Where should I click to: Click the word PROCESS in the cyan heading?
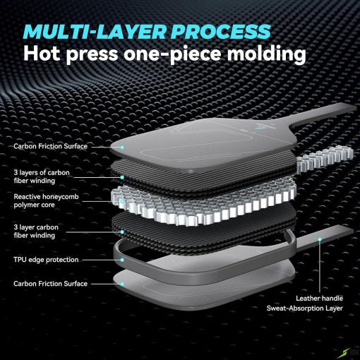pos(221,31)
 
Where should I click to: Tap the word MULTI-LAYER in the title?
pos(95,31)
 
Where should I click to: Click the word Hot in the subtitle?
pos(42,53)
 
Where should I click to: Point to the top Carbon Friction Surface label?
pos(50,146)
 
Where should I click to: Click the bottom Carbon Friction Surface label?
pos(50,284)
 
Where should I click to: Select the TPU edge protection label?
pos(46,260)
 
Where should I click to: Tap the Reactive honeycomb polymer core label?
pos(46,200)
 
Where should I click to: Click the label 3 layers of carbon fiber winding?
pos(42,176)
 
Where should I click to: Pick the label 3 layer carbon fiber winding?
pos(36,232)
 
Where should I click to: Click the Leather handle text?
pos(319,299)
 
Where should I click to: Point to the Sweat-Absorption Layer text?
pos(305,308)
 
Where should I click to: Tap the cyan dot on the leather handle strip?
pos(320,239)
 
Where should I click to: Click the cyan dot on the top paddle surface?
pos(122,147)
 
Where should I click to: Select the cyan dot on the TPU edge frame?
pos(122,260)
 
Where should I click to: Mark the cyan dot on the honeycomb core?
pos(122,201)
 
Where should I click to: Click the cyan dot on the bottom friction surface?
pos(122,284)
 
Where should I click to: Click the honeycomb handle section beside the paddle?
pos(325,158)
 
